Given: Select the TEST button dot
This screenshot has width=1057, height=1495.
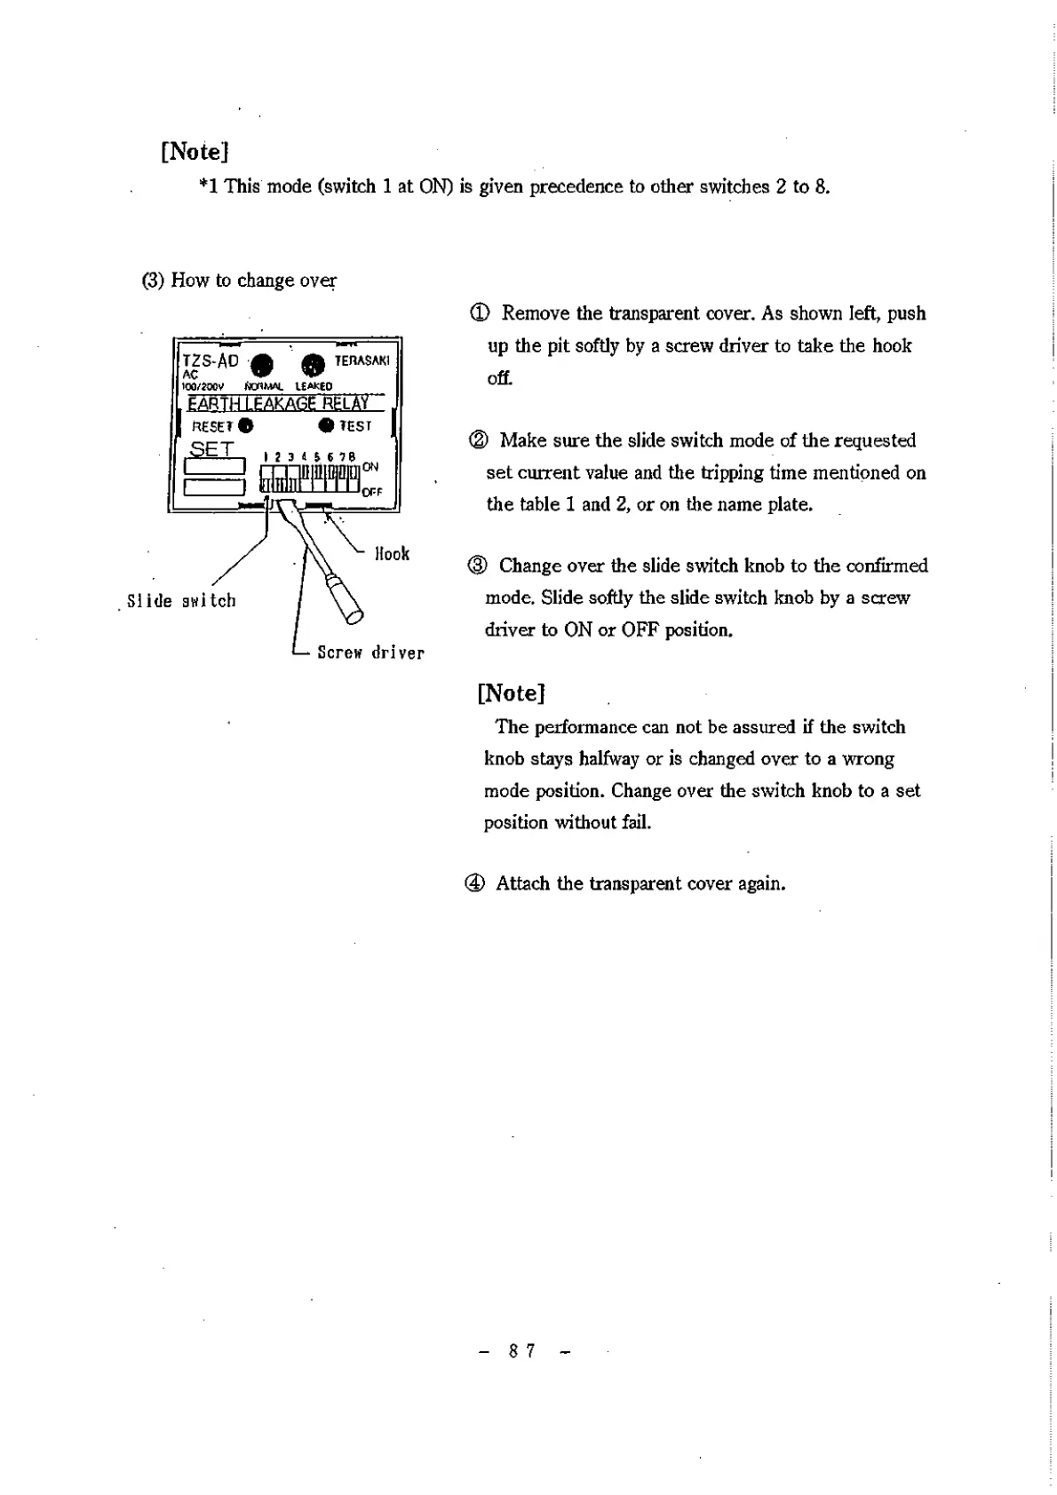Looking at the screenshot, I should [x=327, y=425].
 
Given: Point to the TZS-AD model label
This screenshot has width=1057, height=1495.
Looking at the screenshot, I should [x=211, y=360].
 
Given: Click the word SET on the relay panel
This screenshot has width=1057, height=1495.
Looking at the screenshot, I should [x=211, y=448].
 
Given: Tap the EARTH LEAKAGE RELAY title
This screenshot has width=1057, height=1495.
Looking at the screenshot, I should [x=278, y=404].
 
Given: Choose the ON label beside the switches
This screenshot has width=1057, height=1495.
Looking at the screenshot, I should [x=370, y=467].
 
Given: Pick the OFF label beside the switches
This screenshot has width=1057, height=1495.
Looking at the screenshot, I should [x=372, y=492].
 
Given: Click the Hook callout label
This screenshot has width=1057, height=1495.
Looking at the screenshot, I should [x=392, y=554].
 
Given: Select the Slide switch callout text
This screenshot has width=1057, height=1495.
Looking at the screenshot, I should [x=182, y=601].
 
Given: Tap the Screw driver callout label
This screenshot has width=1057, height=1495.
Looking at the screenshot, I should [x=370, y=653].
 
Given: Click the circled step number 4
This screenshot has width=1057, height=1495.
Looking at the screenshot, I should [x=475, y=883].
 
